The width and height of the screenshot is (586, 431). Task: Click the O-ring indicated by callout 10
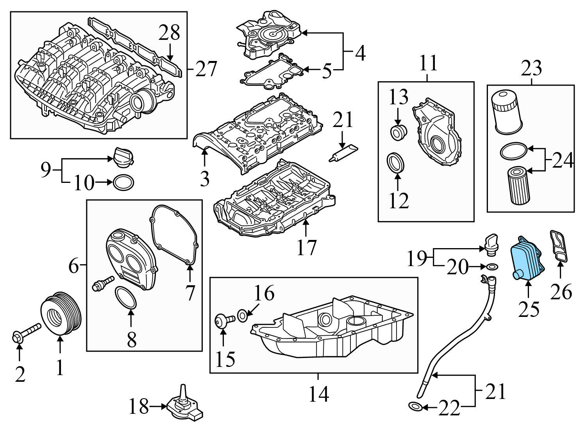[x=123, y=182]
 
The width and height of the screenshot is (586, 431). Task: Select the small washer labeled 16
[x=242, y=314]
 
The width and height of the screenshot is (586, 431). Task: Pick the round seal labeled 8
[x=126, y=297]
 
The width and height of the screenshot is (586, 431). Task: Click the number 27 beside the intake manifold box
[x=206, y=69]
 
